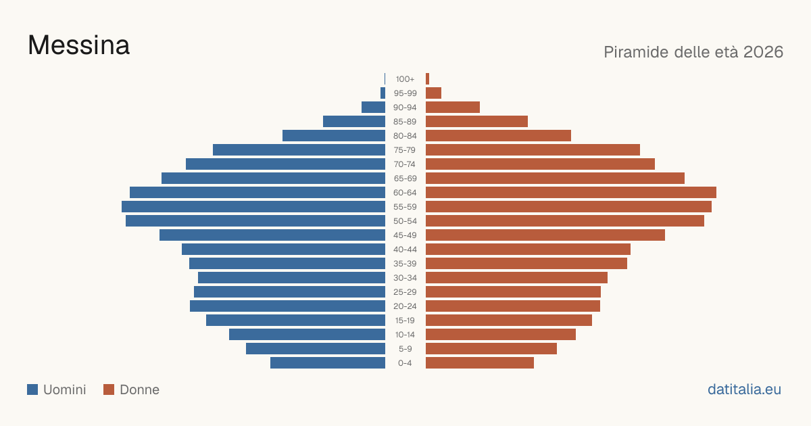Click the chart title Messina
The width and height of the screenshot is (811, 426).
[x=78, y=45]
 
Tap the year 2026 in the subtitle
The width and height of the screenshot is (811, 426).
[x=763, y=52]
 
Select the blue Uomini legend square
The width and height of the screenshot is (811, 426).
[x=32, y=389]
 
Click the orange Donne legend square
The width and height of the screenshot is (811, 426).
[x=109, y=389]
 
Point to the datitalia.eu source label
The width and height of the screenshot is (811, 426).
[x=744, y=389]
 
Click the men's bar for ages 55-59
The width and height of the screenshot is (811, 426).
[x=253, y=206]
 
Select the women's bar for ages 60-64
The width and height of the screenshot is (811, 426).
[x=571, y=192]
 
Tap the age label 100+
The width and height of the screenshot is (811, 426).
[x=405, y=79]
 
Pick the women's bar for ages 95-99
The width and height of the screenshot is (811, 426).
[x=433, y=93]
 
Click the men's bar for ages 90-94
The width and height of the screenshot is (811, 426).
[x=373, y=108]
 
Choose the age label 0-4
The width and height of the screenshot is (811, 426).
[x=405, y=363]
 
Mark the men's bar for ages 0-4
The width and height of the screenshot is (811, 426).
[x=328, y=363]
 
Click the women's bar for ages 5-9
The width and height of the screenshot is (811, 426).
[x=491, y=348]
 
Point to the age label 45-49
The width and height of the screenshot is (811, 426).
[x=405, y=235]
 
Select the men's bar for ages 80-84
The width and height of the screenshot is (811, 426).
[x=334, y=135]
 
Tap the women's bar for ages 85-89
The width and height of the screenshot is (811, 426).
[x=477, y=121]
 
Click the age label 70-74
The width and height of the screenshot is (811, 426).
[x=405, y=164]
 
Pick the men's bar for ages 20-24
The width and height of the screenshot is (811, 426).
[x=287, y=306]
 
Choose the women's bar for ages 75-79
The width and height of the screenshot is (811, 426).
[x=533, y=150]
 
